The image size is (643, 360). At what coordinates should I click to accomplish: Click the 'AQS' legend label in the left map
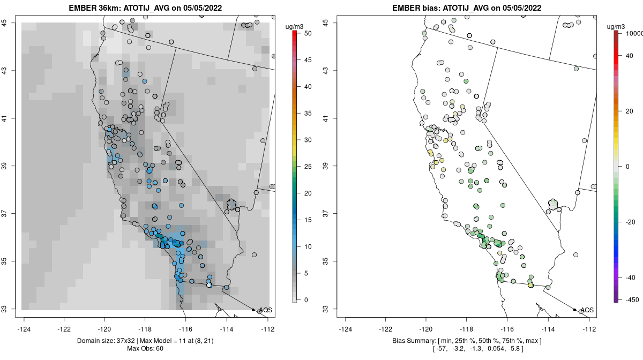265,310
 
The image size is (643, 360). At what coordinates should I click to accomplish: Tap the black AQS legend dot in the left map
253,310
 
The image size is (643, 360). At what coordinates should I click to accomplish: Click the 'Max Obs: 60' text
145,349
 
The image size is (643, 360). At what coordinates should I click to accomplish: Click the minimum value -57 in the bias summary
440,349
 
